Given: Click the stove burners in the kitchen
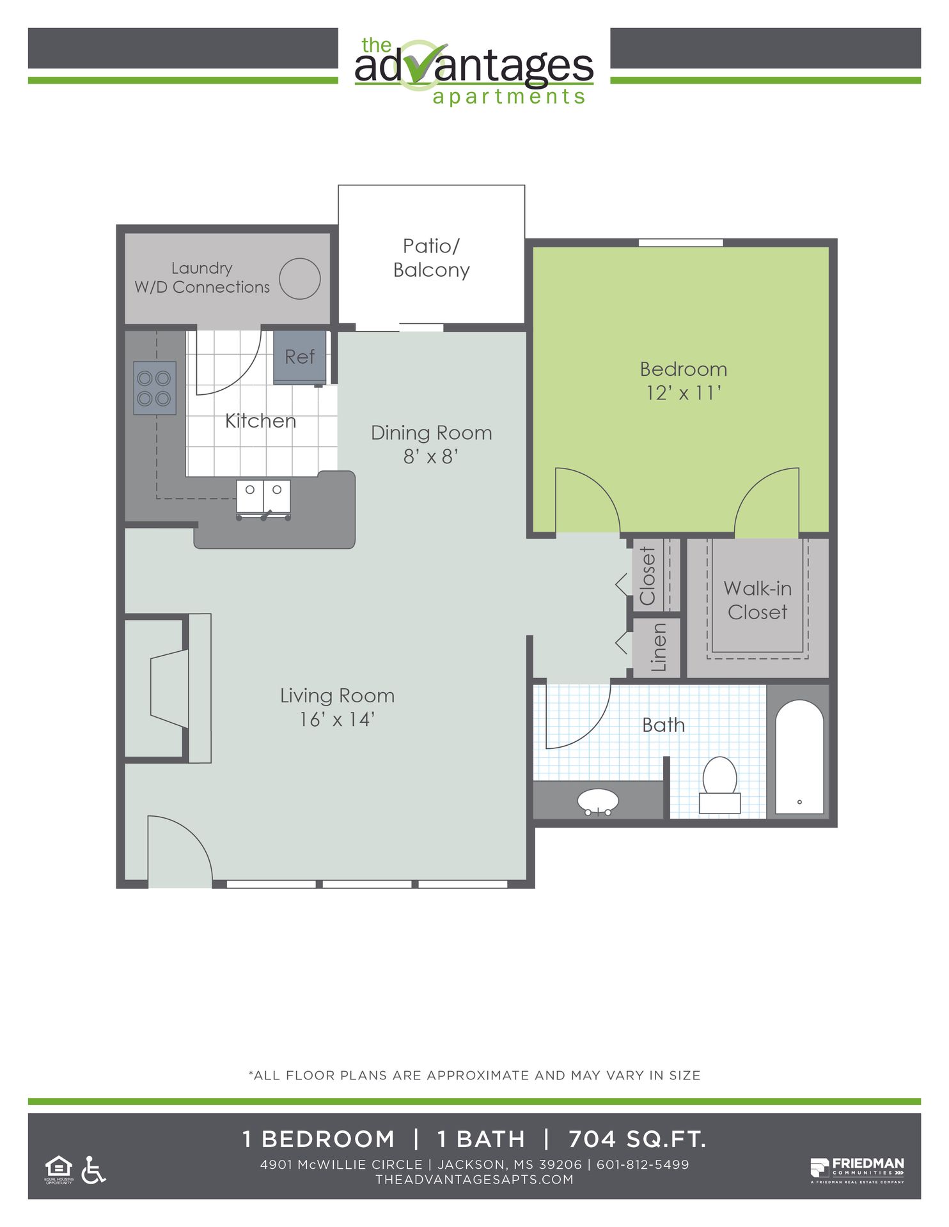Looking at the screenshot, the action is [x=155, y=388].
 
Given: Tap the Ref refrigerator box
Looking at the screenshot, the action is [x=300, y=357].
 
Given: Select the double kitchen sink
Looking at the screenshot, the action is [x=263, y=498].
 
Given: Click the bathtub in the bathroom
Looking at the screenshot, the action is [x=799, y=757].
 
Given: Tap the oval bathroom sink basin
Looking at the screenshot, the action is [x=598, y=801].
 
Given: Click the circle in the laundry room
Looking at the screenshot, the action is [x=299, y=279].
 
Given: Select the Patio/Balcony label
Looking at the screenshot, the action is [x=431, y=258].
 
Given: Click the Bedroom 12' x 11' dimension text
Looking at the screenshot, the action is [x=684, y=392].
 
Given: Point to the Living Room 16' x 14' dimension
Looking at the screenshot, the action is [x=337, y=720].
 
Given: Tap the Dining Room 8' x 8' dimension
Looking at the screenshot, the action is [x=431, y=456].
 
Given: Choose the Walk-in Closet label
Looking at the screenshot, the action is [x=758, y=600].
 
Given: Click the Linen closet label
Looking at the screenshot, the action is [x=658, y=647].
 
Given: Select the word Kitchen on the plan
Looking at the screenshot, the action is [x=260, y=421].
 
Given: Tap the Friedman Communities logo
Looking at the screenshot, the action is [x=858, y=1170].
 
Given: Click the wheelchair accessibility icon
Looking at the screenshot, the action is [x=93, y=1169].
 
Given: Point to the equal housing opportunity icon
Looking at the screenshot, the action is [x=59, y=1169].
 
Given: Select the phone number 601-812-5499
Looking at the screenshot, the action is [x=643, y=1164].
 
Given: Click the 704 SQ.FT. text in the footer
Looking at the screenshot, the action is [x=637, y=1139].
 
